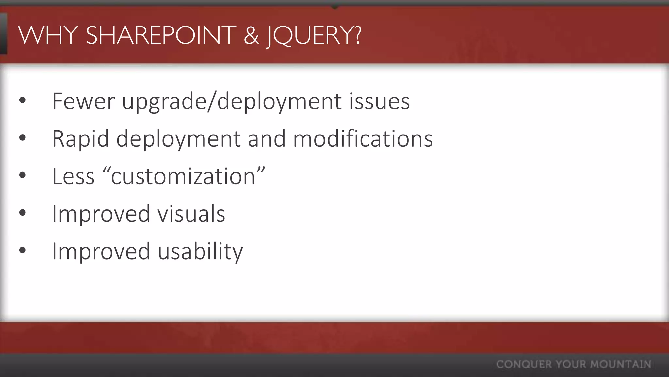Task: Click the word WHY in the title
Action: pyautogui.click(x=48, y=35)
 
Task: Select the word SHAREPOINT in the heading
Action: pyautogui.click(x=161, y=35)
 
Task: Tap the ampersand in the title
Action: pyautogui.click(x=251, y=35)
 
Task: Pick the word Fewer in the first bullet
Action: pyautogui.click(x=83, y=101)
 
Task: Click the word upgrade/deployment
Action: pyautogui.click(x=232, y=102)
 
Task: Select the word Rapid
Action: pyautogui.click(x=80, y=139)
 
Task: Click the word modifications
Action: pyautogui.click(x=363, y=138)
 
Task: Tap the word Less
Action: pyautogui.click(x=73, y=176)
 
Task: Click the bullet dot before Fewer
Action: pyautogui.click(x=22, y=100)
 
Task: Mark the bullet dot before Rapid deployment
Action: pyautogui.click(x=22, y=138)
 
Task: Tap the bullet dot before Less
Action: pyautogui.click(x=22, y=175)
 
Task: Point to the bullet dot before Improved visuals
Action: pyautogui.click(x=22, y=213)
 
